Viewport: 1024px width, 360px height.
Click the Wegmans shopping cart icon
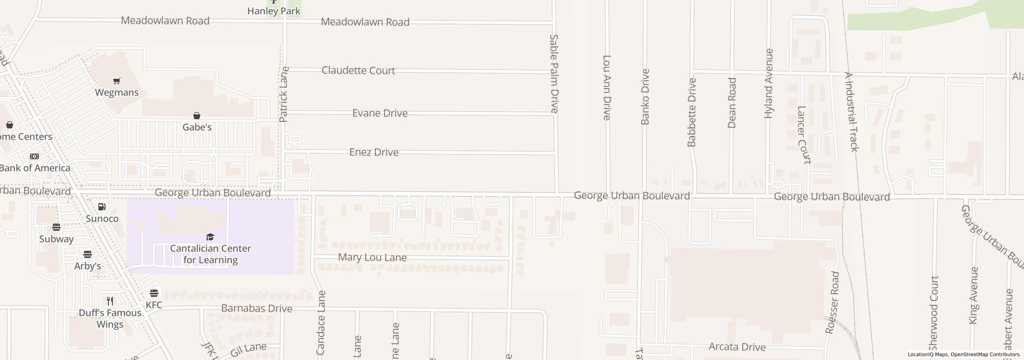coord(116,81)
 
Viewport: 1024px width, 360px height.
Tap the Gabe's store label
coord(197,127)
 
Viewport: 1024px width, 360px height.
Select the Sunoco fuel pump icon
coord(102,207)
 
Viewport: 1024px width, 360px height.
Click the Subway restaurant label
coord(56,239)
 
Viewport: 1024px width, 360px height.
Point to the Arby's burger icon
coord(88,254)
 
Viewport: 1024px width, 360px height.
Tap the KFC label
coord(154,305)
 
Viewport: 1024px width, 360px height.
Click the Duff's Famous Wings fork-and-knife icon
coord(110,301)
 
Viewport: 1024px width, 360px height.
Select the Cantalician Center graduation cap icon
coord(210,237)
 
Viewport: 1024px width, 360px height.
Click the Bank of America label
coord(35,168)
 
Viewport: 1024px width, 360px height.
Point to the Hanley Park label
coord(274,11)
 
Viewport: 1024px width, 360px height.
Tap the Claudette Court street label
coord(358,71)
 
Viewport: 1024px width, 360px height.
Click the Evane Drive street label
coord(380,113)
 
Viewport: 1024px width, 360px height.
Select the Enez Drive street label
coord(374,152)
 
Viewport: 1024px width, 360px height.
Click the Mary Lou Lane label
coord(372,257)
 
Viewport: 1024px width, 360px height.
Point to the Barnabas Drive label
coord(257,308)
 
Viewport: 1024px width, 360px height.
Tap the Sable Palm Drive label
coord(554,74)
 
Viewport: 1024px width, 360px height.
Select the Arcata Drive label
coord(737,347)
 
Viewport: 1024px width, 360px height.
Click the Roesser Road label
coord(832,303)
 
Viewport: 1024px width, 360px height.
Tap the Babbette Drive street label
coord(692,112)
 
